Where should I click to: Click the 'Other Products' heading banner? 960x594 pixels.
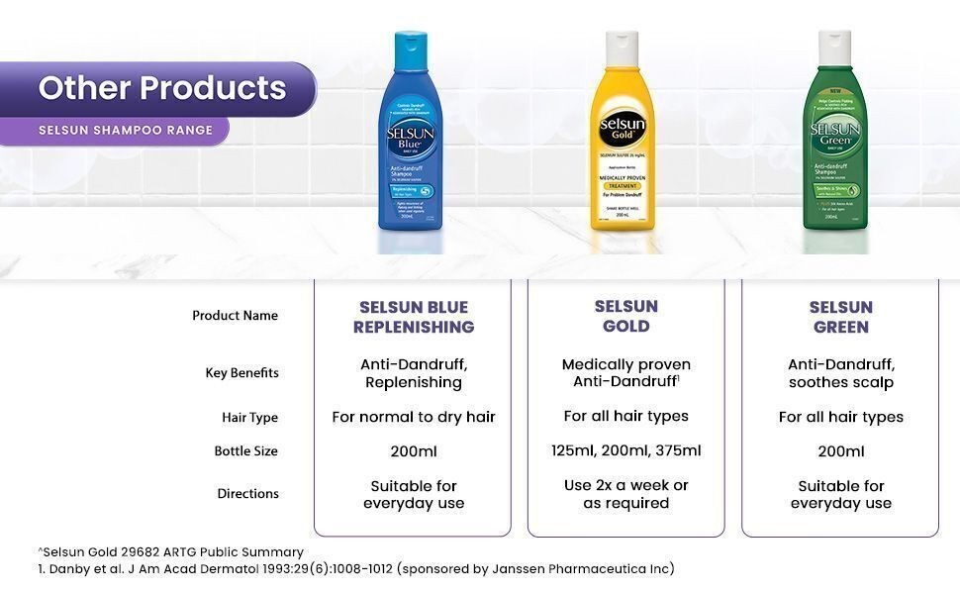pyautogui.click(x=162, y=88)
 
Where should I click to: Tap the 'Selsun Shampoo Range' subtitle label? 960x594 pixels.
pyautogui.click(x=126, y=130)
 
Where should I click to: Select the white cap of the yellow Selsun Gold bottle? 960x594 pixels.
pyautogui.click(x=621, y=46)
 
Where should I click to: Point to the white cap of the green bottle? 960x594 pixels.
pyautogui.click(x=834, y=45)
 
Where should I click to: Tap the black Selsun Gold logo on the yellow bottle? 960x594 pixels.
pyautogui.click(x=622, y=128)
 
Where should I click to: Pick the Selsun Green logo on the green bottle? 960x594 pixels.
pyautogui.click(x=834, y=135)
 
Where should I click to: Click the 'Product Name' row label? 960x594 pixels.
pyautogui.click(x=235, y=316)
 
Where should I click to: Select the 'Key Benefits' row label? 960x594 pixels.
pyautogui.click(x=241, y=373)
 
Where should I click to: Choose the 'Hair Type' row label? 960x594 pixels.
pyautogui.click(x=249, y=418)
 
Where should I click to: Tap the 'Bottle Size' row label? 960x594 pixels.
pyautogui.click(x=245, y=451)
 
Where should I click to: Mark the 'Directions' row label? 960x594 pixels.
pyautogui.click(x=247, y=494)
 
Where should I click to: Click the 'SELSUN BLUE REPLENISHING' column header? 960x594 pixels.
pyautogui.click(x=414, y=317)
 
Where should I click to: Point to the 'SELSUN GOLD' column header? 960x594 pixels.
pyautogui.click(x=626, y=316)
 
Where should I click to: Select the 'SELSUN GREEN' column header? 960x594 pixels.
pyautogui.click(x=840, y=317)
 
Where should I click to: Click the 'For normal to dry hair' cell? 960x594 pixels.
pyautogui.click(x=414, y=417)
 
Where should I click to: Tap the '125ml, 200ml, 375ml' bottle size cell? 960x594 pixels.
pyautogui.click(x=626, y=450)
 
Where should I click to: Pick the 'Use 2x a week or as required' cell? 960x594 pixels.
pyautogui.click(x=626, y=494)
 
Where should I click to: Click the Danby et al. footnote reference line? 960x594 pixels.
pyautogui.click(x=356, y=568)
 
